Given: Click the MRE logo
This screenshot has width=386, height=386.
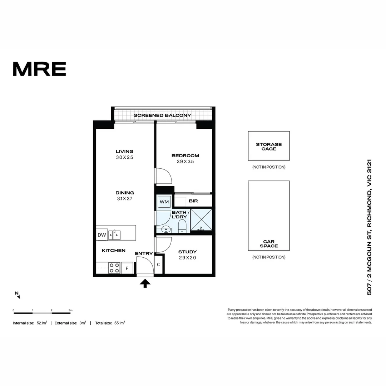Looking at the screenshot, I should (x=39, y=69).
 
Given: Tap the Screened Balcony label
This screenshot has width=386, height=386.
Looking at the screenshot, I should (x=162, y=115).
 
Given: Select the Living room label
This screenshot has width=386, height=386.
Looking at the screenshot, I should (x=124, y=151).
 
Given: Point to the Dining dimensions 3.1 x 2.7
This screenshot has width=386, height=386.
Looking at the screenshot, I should (x=124, y=199).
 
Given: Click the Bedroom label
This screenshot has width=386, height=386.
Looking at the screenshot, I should (x=185, y=155).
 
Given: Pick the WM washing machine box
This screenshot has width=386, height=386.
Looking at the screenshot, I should (x=164, y=202).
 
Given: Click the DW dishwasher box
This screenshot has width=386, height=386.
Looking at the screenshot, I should (x=102, y=235).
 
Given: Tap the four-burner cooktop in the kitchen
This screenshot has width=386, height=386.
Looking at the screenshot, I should (x=114, y=268).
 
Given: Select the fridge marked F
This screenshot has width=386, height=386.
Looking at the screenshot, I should (x=127, y=268).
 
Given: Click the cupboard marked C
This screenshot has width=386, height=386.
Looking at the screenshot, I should (x=159, y=265).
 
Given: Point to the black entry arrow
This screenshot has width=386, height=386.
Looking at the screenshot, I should (x=145, y=283).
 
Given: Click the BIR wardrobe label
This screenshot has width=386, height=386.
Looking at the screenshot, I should (x=193, y=201).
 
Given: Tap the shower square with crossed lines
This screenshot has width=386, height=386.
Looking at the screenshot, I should (x=201, y=219).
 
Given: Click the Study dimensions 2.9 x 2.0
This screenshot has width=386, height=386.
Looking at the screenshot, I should (x=187, y=258).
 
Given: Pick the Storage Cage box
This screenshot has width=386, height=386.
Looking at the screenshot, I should (x=269, y=146).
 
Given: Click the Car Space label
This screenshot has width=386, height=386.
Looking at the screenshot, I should (x=269, y=244).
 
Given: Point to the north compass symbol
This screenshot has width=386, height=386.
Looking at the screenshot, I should (x=17, y=295).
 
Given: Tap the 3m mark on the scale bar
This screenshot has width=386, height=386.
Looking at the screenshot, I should (x=70, y=310).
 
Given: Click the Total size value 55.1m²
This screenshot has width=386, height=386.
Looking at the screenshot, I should (x=119, y=323).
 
